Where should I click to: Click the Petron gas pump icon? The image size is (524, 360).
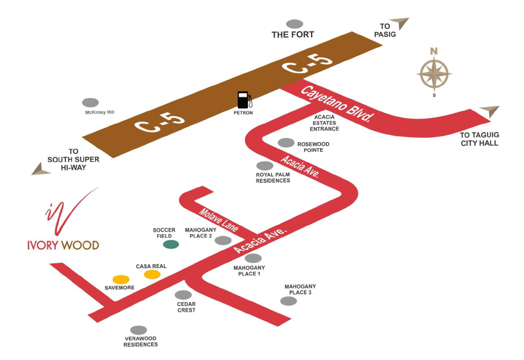coord(244,100)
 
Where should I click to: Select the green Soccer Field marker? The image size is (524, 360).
coord(171,244)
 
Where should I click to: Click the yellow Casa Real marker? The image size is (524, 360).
coord(152,275)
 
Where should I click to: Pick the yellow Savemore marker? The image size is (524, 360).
coord(121,280)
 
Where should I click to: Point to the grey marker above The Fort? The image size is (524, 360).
coord(295,24)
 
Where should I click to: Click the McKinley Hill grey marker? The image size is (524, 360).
coord(91,103)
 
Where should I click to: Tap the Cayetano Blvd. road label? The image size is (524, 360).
coord(336,104)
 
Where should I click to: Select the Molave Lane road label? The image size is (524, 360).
coord(218,220)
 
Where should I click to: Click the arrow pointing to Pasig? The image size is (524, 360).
coord(400,23)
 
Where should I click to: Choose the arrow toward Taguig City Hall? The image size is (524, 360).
coord(490,111)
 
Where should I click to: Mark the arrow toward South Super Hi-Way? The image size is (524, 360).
coord(41,169)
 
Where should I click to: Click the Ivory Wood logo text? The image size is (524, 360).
coord(63,245)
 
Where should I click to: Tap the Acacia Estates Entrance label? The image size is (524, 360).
coord(324,123)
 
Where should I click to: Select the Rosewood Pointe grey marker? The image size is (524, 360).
coord(286,143)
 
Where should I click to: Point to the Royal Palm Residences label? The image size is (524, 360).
coord(273,177)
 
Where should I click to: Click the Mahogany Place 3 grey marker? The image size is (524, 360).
coord(289,301)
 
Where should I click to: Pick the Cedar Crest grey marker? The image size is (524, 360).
coord(183,295)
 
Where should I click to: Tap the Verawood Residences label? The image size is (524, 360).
coord(141,341)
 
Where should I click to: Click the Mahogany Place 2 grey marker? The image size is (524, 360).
coord(223,240)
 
